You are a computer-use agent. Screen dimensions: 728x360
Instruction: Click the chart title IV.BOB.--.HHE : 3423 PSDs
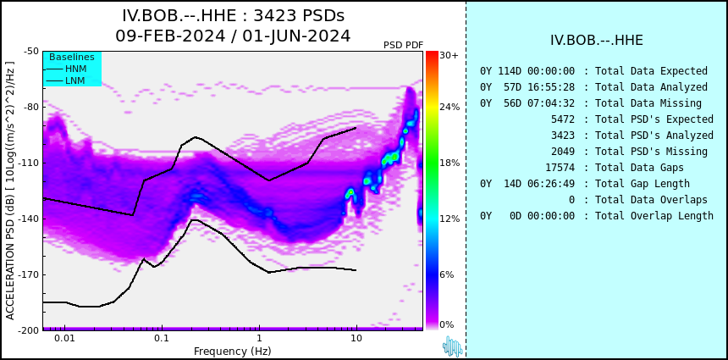[x=233, y=16]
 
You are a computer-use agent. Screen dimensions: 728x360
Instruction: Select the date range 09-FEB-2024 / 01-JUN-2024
[x=233, y=36]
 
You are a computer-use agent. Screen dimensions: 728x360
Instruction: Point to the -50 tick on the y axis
[x=32, y=51]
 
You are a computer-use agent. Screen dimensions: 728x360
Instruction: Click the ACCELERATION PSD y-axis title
[x=10, y=191]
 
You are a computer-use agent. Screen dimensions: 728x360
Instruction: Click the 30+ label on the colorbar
[x=449, y=55]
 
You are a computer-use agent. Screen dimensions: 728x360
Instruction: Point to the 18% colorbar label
[x=449, y=163]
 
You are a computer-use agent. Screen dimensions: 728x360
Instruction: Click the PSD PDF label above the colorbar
[x=404, y=45]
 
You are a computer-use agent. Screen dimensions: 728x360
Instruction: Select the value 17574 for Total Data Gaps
[x=560, y=167]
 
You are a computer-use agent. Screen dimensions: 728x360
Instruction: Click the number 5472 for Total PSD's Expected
[x=563, y=119]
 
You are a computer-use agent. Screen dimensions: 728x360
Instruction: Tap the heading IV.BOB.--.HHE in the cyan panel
[x=597, y=41]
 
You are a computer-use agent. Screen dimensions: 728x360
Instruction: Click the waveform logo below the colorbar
[x=452, y=346]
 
